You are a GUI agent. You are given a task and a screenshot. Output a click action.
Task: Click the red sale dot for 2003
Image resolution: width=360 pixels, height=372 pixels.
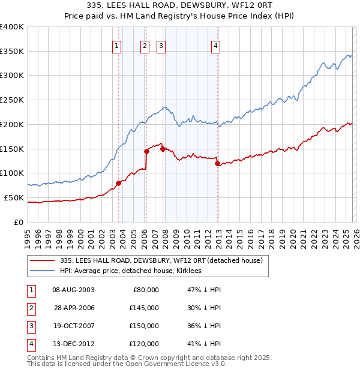pos(118,183)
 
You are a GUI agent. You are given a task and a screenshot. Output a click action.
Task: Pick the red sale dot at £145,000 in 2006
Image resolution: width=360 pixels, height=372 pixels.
pos(146,151)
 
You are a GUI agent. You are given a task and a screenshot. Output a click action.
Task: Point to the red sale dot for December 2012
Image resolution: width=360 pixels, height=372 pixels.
pos(217,163)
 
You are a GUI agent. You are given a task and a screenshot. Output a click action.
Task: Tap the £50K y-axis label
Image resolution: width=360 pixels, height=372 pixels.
pos(14,197)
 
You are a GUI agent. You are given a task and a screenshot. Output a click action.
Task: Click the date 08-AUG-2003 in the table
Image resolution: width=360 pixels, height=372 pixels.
pos(73,290)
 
